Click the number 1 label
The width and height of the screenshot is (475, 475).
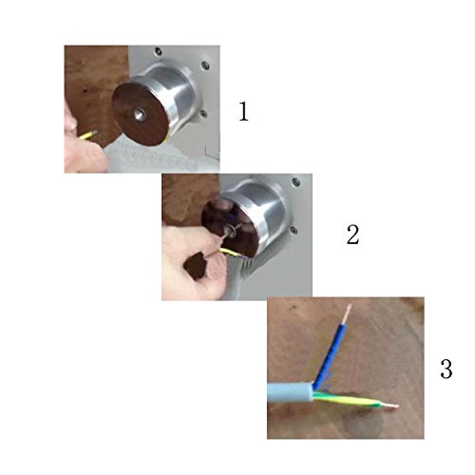tap(243, 111)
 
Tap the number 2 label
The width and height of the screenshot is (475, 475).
tap(352, 235)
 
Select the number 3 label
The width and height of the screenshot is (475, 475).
tap(446, 369)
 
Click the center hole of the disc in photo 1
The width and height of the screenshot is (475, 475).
tap(140, 114)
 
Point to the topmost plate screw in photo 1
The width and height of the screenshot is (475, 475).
tap(158, 50)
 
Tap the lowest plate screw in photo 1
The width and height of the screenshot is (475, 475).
tap(203, 113)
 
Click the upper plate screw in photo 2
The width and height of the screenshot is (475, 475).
tap(295, 181)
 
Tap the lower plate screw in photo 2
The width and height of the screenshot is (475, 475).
tap(294, 230)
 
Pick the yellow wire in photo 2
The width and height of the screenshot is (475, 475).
tap(231, 253)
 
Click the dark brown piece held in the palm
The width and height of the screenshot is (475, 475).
tap(197, 265)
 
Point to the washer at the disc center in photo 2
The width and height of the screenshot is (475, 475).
tap(232, 232)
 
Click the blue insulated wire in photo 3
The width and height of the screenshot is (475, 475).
tap(330, 353)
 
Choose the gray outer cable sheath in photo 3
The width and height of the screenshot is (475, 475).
tap(291, 392)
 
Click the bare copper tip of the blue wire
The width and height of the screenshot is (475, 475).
tap(348, 313)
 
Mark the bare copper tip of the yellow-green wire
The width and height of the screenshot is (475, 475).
tap(389, 407)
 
